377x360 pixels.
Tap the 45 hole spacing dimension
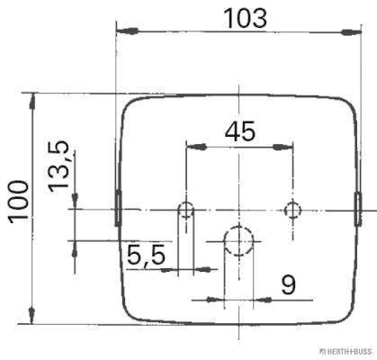[x=239, y=130]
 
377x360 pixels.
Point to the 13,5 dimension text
[x=60, y=165]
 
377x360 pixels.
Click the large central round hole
[x=238, y=241]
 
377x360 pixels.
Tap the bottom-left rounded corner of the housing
[x=130, y=314]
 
